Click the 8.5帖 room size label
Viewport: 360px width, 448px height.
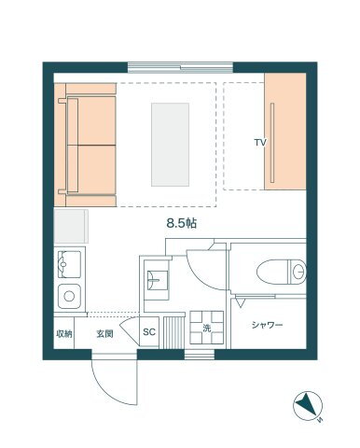coord(182,223)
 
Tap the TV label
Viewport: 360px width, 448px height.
coord(260,143)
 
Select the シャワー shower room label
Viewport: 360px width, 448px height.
coord(267,325)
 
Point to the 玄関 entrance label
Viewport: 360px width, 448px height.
coord(104,334)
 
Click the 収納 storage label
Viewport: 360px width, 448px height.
coord(64,334)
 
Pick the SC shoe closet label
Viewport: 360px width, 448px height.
coord(149,332)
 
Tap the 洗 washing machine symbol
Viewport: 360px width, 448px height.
coord(207,328)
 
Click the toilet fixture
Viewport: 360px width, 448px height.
coord(282,272)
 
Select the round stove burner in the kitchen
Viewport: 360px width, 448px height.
coord(69,296)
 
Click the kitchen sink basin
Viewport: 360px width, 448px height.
coord(69,264)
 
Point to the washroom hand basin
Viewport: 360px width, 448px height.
coord(158,281)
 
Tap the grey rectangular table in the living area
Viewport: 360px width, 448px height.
coord(170,145)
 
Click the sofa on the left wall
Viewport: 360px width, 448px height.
coord(85,145)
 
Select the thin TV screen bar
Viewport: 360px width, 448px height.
coord(272,143)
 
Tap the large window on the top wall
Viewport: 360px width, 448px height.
coord(180,67)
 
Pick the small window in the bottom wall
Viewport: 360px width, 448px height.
coord(200,355)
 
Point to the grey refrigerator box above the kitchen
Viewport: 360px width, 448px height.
coord(71,226)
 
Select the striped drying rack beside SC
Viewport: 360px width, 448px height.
coord(174,331)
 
